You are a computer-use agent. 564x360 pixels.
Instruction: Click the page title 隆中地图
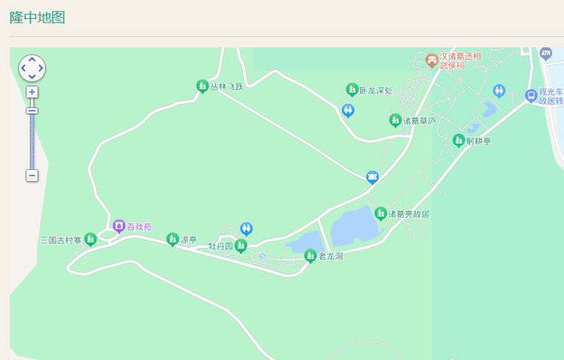click(x=38, y=17)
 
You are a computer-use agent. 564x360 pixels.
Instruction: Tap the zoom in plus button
click(x=32, y=92)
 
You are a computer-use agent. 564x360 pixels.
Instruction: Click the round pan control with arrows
click(x=32, y=68)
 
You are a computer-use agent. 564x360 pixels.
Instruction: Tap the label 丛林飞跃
click(x=226, y=86)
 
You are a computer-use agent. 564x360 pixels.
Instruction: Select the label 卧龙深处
click(x=376, y=90)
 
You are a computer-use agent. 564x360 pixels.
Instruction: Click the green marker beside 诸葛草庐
click(x=395, y=119)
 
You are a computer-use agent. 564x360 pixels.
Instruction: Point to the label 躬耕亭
click(x=478, y=141)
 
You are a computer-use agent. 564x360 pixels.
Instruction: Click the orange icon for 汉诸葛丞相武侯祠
click(x=432, y=59)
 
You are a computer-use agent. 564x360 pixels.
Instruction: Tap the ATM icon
click(x=546, y=53)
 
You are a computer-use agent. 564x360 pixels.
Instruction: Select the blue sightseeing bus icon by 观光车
click(x=531, y=95)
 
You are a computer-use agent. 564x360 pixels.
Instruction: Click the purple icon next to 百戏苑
click(x=119, y=225)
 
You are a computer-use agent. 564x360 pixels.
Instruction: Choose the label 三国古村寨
click(x=61, y=241)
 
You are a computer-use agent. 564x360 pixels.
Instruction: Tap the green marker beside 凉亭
click(x=172, y=239)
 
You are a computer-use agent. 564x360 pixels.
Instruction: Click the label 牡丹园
click(x=220, y=247)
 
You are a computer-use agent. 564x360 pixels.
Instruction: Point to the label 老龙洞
click(x=330, y=256)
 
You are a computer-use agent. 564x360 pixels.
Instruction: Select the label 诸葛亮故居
click(x=408, y=214)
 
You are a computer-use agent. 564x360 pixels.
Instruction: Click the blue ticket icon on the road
click(x=371, y=177)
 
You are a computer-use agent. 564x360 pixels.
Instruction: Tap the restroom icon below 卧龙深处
click(x=348, y=110)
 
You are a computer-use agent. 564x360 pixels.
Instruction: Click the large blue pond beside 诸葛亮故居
click(x=353, y=225)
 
